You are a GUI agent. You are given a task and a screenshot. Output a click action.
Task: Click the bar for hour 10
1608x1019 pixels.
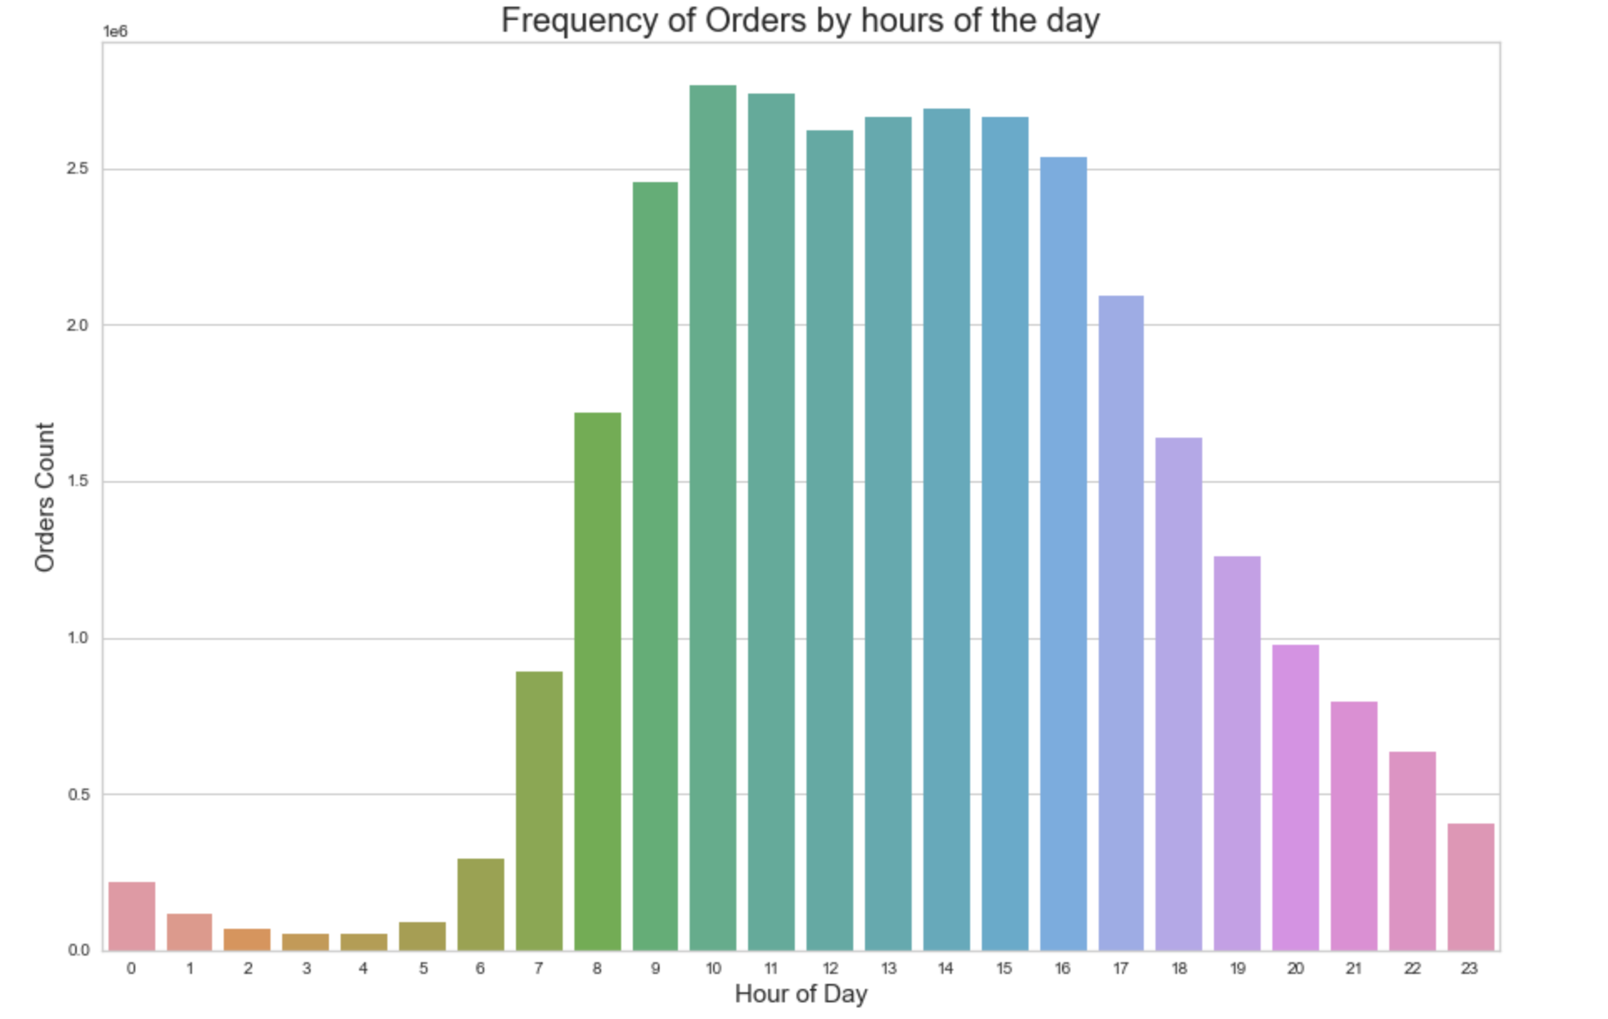click(713, 518)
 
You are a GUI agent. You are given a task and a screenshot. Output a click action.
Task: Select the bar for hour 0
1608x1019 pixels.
click(132, 916)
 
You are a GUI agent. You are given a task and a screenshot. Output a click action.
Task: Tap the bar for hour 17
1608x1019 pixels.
click(1121, 623)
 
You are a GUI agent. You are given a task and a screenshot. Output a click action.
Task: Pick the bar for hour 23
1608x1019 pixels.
click(1470, 887)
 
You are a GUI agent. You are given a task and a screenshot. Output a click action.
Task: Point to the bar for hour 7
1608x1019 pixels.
click(539, 811)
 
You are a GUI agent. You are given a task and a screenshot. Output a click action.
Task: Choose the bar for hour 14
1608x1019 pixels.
click(947, 530)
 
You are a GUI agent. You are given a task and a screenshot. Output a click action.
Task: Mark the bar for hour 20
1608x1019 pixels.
click(1296, 798)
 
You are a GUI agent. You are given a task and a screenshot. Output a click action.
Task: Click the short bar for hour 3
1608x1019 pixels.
click(306, 942)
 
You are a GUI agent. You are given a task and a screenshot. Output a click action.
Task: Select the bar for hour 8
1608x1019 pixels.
click(598, 682)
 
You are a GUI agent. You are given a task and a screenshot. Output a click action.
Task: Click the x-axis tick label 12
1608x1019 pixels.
click(830, 969)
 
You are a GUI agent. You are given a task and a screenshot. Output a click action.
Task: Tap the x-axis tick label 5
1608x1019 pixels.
click(423, 969)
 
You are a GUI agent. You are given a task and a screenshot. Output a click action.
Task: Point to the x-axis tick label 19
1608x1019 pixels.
click(1237, 969)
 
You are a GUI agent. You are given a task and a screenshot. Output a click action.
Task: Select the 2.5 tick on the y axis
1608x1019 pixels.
click(78, 169)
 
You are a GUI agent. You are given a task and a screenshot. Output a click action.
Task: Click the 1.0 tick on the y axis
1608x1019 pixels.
click(78, 638)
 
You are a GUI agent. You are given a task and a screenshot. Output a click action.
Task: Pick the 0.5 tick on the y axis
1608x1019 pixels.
click(78, 794)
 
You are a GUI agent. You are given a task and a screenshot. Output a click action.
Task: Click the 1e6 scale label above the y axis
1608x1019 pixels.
click(115, 32)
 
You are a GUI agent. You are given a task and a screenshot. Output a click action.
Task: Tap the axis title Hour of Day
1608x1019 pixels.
click(801, 994)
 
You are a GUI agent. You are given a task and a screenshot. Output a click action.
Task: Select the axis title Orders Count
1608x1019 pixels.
click(44, 497)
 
